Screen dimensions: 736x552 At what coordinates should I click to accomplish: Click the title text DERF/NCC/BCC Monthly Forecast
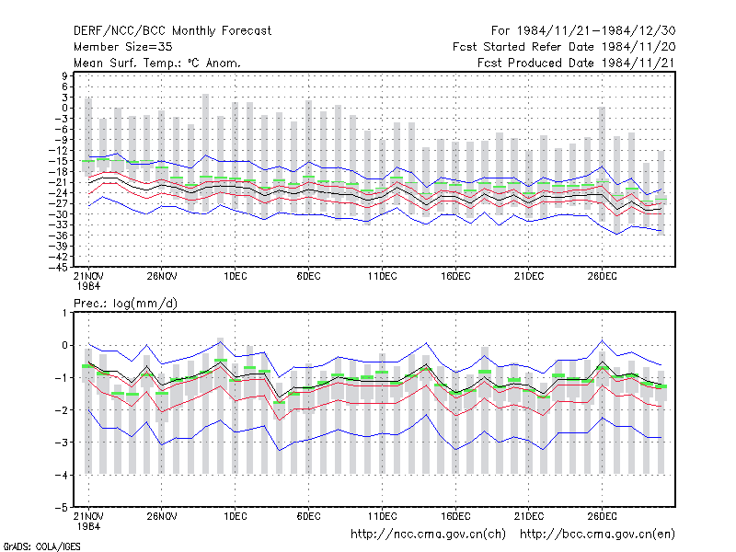point(172,31)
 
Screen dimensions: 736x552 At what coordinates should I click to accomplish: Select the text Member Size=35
point(123,47)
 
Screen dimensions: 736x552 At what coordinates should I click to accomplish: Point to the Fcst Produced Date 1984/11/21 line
point(576,63)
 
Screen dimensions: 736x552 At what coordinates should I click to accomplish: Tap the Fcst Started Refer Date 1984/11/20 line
point(564,47)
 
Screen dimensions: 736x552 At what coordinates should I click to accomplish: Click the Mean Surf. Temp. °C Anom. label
point(156,63)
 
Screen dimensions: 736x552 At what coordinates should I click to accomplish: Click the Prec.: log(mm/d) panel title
point(125,304)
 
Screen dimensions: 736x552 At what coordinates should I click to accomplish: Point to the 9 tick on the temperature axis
point(64,75)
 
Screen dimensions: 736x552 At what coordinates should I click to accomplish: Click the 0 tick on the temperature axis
point(64,108)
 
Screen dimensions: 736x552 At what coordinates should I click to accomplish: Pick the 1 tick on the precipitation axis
point(64,313)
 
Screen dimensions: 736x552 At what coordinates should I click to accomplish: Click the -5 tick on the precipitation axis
point(62,508)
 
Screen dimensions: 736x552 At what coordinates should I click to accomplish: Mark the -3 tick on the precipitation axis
point(62,443)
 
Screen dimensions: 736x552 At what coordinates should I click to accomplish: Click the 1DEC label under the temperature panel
point(236,276)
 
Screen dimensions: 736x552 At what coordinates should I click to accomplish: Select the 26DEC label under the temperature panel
point(603,276)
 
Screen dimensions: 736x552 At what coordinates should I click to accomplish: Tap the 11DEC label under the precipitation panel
point(382,516)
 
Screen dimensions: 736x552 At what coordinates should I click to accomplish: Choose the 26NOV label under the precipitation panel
point(162,516)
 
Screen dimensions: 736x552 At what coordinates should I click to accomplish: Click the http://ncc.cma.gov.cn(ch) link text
point(428,535)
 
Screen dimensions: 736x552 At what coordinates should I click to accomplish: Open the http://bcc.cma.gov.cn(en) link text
point(597,535)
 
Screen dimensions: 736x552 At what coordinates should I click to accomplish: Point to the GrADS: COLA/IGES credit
point(41,546)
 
